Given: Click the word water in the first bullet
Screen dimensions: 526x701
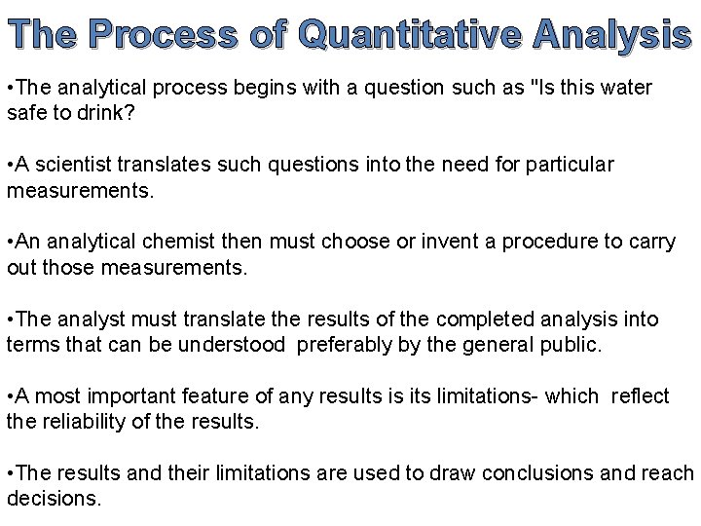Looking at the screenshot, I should coord(624,88).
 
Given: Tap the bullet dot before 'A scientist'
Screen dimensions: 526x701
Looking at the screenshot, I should coord(9,165).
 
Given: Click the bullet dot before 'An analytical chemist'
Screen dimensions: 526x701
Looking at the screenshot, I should coord(9,242).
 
